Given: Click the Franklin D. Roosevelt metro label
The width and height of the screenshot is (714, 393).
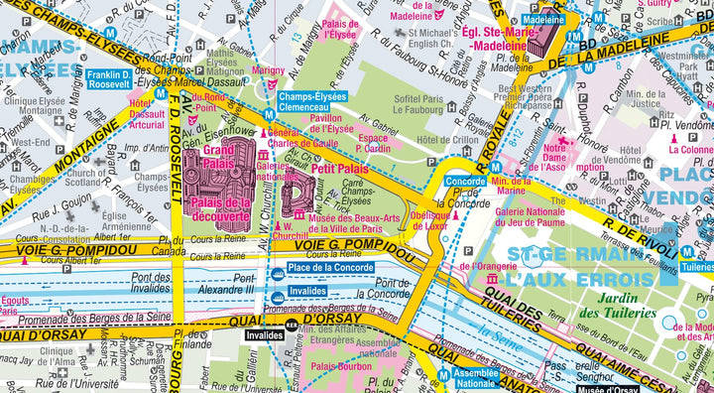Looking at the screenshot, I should (x=108, y=79).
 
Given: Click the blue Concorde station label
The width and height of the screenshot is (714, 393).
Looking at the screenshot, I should (x=465, y=182).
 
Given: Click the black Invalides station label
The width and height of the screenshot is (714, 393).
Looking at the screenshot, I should (x=261, y=335).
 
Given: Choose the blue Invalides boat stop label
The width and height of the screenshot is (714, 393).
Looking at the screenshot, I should (x=306, y=291).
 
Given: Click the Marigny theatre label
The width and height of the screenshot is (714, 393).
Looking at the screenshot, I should (x=268, y=71).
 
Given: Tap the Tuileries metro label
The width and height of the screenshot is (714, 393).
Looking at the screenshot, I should (x=697, y=266).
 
